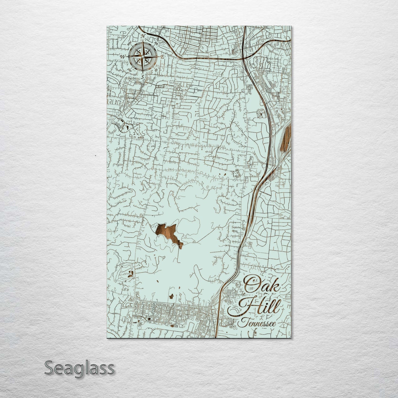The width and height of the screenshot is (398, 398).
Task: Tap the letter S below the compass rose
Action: click(142, 77)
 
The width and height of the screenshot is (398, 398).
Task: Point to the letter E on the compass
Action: click(163, 57)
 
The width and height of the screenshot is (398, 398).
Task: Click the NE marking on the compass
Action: click(156, 43)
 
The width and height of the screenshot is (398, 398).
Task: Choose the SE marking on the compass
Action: click(156, 70)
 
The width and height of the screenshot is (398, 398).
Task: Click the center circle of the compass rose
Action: click(142, 56)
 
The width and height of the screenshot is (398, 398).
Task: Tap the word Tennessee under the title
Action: click(258, 323)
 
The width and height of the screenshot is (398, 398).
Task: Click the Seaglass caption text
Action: click(79, 368)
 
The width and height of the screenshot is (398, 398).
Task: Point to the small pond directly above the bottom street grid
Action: click(171, 296)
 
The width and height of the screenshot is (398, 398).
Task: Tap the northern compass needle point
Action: click(142, 41)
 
